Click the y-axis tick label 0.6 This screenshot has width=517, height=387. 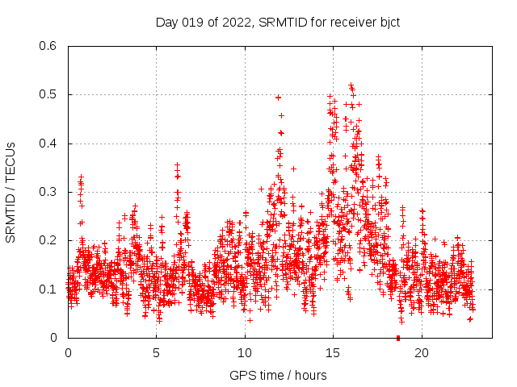[49, 47]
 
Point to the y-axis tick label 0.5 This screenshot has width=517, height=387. [49, 95]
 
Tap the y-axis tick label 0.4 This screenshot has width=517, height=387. [49, 144]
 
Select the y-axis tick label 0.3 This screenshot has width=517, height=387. [49, 192]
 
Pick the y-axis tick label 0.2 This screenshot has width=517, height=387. [49, 240]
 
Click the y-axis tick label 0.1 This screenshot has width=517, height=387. [49, 289]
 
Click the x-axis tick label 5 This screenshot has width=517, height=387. [156, 353]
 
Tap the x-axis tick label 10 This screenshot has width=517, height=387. [245, 353]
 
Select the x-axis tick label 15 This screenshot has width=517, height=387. [333, 353]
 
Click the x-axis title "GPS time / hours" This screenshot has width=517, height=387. [278, 375]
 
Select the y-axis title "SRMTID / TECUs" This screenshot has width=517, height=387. [11, 192]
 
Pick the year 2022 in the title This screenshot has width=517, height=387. [236, 22]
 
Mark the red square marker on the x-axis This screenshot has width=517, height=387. [398, 338]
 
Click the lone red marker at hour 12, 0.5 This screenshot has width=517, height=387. [279, 98]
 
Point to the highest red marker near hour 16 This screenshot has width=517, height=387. [351, 85]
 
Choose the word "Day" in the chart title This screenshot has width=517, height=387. [166, 22]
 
